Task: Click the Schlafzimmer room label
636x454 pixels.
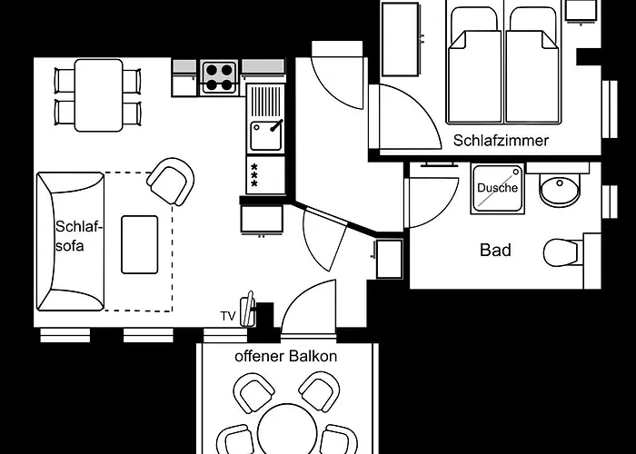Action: coord(501,141)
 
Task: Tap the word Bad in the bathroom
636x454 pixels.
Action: coord(495,250)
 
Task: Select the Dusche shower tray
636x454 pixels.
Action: coord(497,189)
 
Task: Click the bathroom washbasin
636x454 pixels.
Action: coord(558,191)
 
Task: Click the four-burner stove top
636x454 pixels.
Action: coord(219,76)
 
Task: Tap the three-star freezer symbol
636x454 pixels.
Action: coord(254,173)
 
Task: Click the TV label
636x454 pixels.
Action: coord(227,316)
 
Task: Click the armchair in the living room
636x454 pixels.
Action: coord(171,181)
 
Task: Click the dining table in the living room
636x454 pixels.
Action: coord(98,94)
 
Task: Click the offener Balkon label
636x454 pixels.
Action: coord(285,356)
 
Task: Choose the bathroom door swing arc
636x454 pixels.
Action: coord(432,200)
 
